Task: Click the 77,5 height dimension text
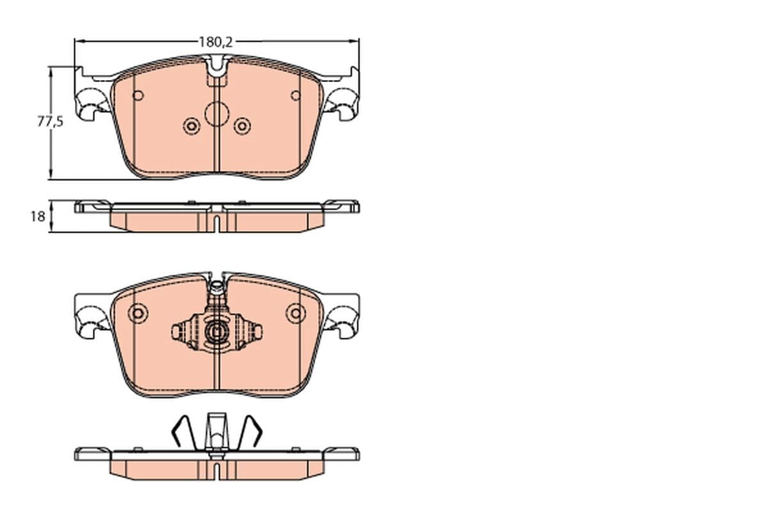(49, 122)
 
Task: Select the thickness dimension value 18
(38, 216)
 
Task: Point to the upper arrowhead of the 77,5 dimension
(51, 69)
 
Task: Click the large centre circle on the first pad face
(216, 114)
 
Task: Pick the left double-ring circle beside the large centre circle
(191, 126)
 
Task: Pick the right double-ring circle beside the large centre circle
(242, 126)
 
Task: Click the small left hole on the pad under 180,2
(138, 96)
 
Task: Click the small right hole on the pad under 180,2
(295, 96)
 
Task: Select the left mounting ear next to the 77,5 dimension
(90, 102)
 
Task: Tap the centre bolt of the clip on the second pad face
(217, 332)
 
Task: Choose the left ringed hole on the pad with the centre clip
(138, 314)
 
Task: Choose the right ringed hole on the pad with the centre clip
(296, 314)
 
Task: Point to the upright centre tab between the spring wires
(216, 431)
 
